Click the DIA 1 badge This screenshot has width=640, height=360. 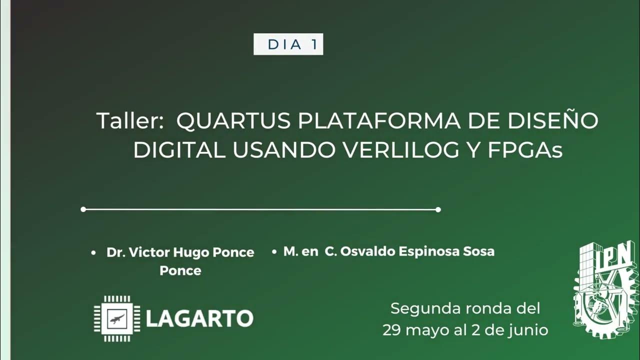[288, 44]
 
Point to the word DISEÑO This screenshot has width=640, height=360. [552, 121]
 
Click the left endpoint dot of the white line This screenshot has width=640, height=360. [83, 209]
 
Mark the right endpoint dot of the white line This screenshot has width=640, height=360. [438, 209]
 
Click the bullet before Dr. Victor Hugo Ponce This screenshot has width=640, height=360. [93, 253]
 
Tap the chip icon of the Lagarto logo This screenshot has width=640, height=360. [117, 318]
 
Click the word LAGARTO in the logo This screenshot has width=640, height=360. [199, 318]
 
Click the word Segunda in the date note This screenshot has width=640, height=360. [425, 308]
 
